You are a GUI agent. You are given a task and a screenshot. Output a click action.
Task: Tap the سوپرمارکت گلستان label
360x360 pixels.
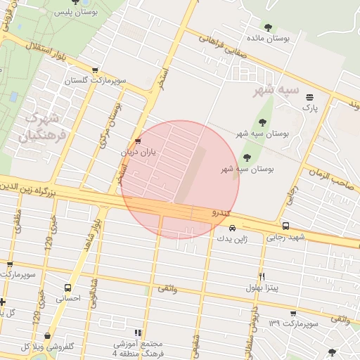click(96, 82)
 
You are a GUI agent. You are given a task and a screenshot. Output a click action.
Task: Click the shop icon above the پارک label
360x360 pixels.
click(309, 97)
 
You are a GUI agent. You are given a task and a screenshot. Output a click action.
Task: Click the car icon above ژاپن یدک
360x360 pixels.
click(232, 228)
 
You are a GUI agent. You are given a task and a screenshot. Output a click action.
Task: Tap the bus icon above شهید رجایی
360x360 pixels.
click(285, 226)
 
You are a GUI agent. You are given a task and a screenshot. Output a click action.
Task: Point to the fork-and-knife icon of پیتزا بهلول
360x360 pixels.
click(262, 276)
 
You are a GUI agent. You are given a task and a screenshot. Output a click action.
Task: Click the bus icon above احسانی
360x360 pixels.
click(67, 288)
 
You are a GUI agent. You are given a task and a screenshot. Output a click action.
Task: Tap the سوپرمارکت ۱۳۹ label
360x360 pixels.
click(293, 323)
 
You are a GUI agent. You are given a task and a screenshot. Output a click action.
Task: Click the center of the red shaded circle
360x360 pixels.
click(180, 180)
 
